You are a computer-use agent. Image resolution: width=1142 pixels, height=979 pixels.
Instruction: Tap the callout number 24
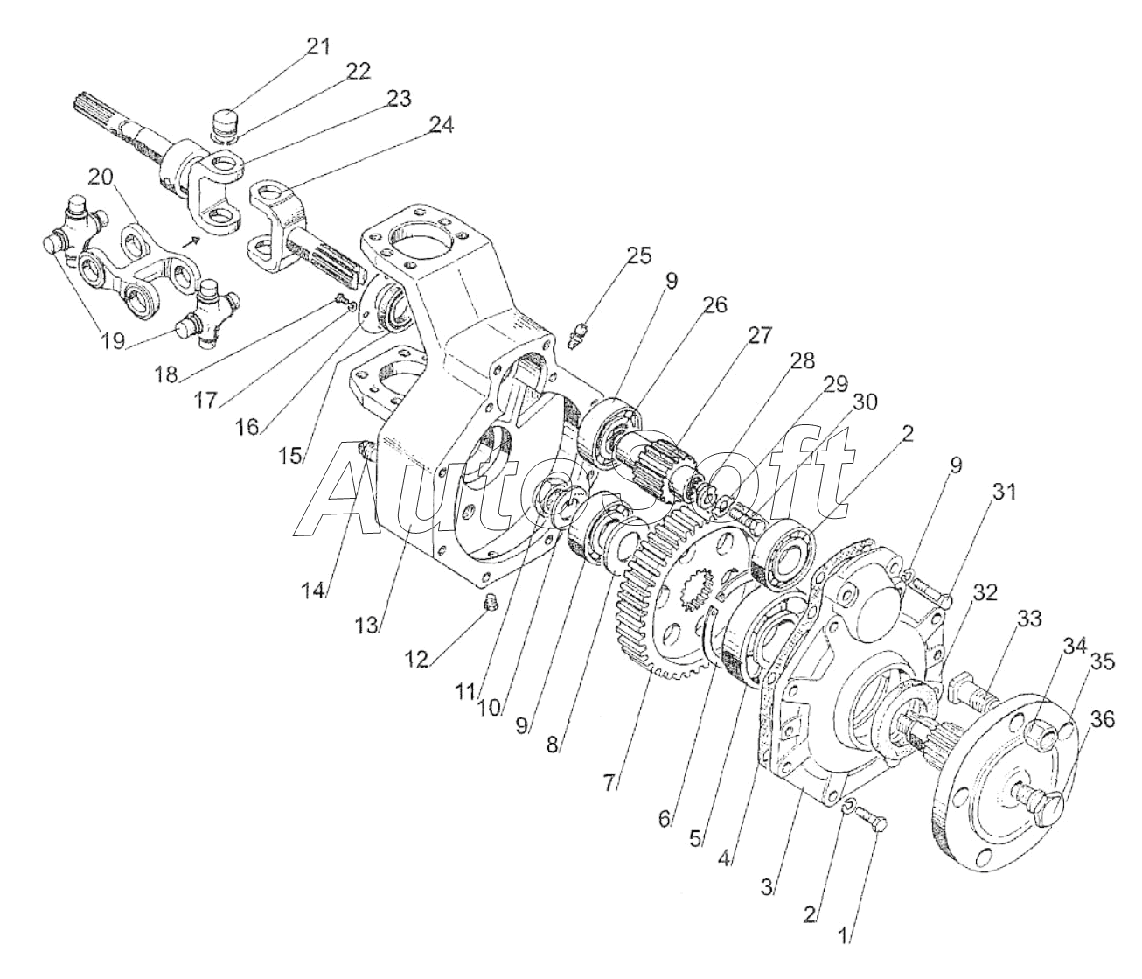click(441, 125)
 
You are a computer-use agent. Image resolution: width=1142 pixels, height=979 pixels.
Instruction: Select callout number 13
click(367, 625)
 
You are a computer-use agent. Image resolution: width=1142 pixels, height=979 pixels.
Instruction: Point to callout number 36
click(1103, 719)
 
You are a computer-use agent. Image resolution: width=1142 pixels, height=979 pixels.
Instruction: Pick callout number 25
click(638, 256)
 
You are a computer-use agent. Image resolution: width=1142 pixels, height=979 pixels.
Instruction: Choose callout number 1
click(844, 920)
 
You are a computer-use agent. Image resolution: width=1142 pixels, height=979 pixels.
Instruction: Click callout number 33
click(1028, 619)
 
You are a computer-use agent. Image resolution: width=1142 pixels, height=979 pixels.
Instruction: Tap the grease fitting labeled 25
click(577, 335)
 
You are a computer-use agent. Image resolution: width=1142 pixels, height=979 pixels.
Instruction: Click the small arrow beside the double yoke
click(190, 241)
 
